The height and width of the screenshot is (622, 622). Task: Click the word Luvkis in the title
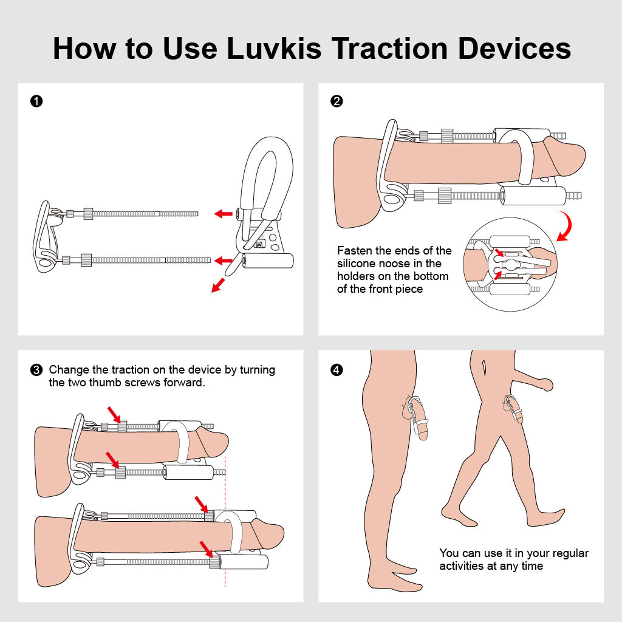coord(275,49)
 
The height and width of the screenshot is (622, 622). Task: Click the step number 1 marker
coord(36,101)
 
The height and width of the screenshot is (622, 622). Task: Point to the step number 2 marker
coord(337,101)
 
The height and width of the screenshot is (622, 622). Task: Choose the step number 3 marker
coord(36,370)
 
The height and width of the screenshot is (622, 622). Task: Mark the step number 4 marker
coord(337,370)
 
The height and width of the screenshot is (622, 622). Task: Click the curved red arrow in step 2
coord(567,227)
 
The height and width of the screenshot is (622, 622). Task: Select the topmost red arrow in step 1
coord(224,214)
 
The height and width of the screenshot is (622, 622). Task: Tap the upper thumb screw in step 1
coord(88,213)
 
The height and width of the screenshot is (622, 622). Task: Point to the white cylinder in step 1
coord(268,261)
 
